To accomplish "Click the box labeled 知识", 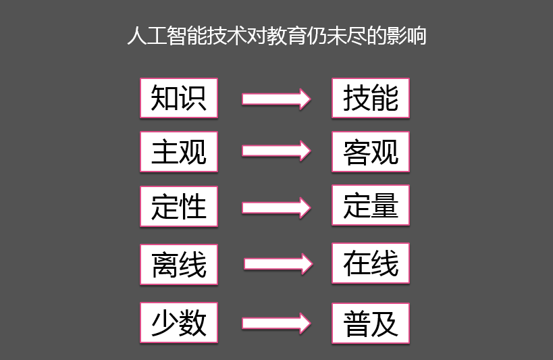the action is click(x=179, y=98).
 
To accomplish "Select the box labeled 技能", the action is click(x=371, y=98).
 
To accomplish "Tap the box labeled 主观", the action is click(x=179, y=152).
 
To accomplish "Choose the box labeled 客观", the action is click(x=371, y=152).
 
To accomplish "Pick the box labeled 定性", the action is click(x=179, y=207).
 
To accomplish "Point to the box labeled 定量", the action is click(x=371, y=205).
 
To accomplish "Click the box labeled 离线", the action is click(x=179, y=264).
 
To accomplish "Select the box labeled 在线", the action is click(x=371, y=263).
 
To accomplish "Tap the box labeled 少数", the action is click(x=179, y=322).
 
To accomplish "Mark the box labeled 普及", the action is click(x=371, y=323).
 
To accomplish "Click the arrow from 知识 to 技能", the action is click(x=276, y=99).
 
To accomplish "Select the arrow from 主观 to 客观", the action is click(x=276, y=151).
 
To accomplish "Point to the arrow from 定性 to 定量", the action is click(x=276, y=208).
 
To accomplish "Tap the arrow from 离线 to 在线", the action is click(x=278, y=263).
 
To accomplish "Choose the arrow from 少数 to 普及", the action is click(x=276, y=324).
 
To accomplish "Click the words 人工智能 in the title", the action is click(x=167, y=36).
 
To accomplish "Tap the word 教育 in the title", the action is click(x=287, y=36).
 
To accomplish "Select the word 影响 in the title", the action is click(x=406, y=36).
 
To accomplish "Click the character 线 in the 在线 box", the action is click(x=385, y=263).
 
